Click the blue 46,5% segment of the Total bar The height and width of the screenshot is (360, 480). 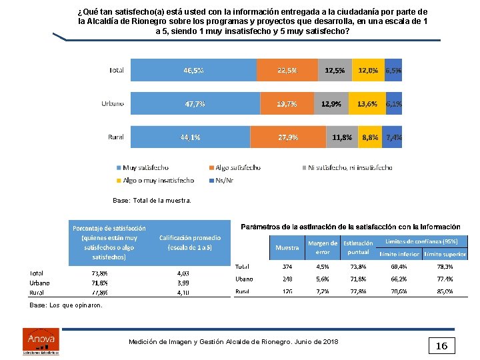point(193,70)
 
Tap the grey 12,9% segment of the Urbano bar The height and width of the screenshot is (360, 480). point(331,103)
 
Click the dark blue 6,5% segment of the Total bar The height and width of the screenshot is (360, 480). point(393,70)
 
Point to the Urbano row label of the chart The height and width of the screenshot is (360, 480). point(112,103)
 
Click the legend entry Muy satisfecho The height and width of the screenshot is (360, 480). point(144,168)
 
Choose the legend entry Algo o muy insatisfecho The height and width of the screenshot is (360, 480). point(157,180)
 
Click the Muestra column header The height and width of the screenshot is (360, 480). point(287,247)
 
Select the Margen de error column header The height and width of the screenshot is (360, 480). point(323,247)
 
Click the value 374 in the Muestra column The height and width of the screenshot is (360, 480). point(287,266)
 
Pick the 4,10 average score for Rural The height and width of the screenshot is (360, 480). point(183,292)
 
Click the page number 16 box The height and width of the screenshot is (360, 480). point(441,345)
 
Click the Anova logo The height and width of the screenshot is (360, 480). point(41,340)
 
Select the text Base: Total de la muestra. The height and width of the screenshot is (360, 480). point(152,200)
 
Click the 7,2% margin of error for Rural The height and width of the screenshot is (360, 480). point(323,291)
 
